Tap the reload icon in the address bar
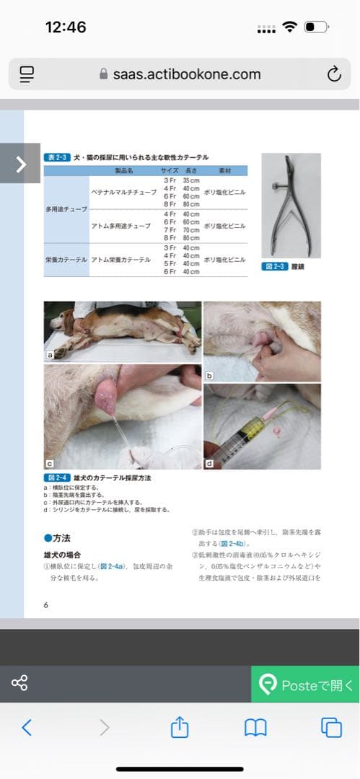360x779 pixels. (333, 74)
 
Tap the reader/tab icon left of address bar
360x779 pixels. (27, 74)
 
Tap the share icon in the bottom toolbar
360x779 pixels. (180, 727)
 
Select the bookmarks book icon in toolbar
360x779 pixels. (255, 727)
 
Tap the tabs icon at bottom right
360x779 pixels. (331, 727)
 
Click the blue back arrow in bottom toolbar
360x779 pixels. (27, 727)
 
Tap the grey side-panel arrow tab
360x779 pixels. (20, 164)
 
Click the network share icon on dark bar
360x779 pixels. (19, 682)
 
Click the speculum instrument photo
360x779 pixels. (291, 205)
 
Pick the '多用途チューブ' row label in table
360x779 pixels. (66, 209)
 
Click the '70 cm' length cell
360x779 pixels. (190, 230)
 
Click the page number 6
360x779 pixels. (46, 604)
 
